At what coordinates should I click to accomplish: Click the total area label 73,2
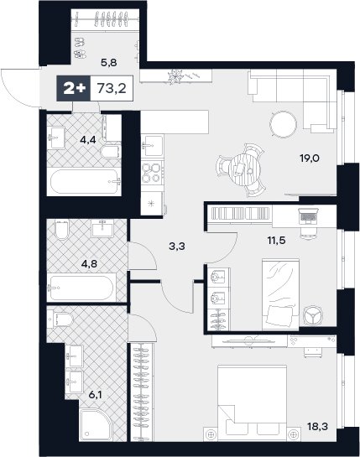pos(112,88)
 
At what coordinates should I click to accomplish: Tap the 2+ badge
pos(74,88)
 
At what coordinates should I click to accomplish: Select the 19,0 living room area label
pos(310,158)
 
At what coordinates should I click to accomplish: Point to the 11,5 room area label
pos(276,241)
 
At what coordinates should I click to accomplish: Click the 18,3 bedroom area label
pos(317,427)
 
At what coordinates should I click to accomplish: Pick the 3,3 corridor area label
pos(177,247)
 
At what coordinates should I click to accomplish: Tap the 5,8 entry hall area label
pos(109,62)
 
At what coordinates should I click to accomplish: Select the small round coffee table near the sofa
pos(283,125)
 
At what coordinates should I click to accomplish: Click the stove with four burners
pos(152,172)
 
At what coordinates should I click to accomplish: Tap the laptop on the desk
pos(308,216)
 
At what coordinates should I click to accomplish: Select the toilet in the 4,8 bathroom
pos(61,229)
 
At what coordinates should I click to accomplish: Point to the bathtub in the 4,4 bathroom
pos(85,181)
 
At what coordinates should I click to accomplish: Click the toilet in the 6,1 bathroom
pos(60,319)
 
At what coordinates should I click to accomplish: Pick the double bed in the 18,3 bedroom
pos(252,403)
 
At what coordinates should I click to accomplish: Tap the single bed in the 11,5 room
pos(280,294)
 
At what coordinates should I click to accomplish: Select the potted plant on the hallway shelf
pos(176,76)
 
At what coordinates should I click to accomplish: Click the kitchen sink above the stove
pos(152,146)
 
